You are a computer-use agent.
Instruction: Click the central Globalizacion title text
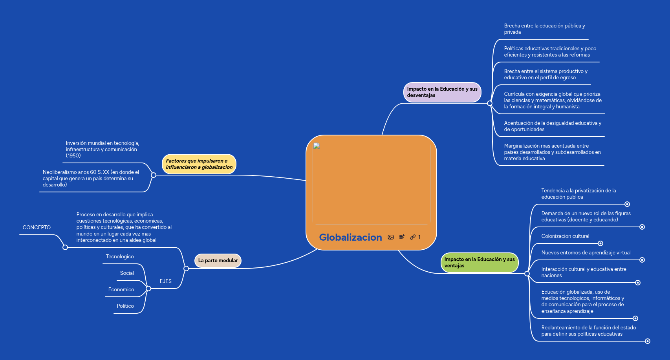point(350,237)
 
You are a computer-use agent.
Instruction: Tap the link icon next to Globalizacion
point(413,237)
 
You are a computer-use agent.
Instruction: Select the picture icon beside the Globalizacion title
point(391,237)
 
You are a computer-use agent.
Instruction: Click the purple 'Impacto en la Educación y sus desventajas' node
point(442,92)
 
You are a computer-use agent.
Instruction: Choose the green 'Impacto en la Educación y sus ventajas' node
point(480,263)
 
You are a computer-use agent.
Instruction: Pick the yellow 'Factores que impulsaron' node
point(199,164)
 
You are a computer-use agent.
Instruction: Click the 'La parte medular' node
point(218,260)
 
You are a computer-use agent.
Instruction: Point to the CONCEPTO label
point(37,228)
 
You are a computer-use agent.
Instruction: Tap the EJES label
point(165,281)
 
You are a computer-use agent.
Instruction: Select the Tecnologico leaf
point(120,256)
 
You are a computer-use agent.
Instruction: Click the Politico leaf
point(125,306)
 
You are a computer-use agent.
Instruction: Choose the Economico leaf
point(121,289)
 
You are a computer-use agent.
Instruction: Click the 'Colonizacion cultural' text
point(565,236)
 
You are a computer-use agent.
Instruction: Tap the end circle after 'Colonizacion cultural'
point(600,243)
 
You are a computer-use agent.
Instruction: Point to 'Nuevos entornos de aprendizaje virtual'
point(586,253)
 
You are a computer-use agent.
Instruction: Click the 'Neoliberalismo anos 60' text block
point(91,179)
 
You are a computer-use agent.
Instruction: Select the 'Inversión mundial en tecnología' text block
point(102,149)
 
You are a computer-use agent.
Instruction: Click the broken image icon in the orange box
point(317,146)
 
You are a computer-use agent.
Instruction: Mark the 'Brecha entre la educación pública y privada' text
point(544,29)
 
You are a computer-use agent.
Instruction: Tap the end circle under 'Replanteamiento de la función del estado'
point(648,341)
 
